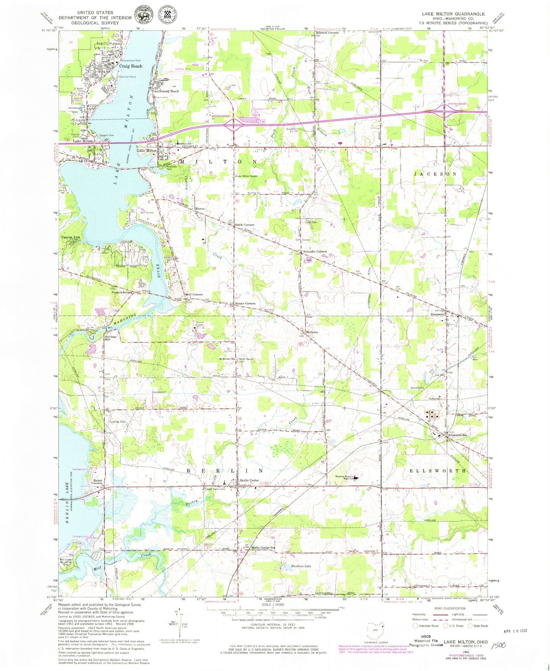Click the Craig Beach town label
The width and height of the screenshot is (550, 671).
point(131,66)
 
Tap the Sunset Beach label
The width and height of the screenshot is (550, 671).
point(169,91)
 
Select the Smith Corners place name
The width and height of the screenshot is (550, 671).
point(244,225)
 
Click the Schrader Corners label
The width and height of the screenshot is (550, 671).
point(315,252)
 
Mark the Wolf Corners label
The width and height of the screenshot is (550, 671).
point(194,295)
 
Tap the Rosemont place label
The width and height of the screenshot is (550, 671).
point(437,314)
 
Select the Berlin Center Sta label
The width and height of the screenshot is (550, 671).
point(263,548)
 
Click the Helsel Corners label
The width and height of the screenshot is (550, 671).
point(97,482)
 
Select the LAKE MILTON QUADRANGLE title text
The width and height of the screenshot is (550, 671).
point(453,14)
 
